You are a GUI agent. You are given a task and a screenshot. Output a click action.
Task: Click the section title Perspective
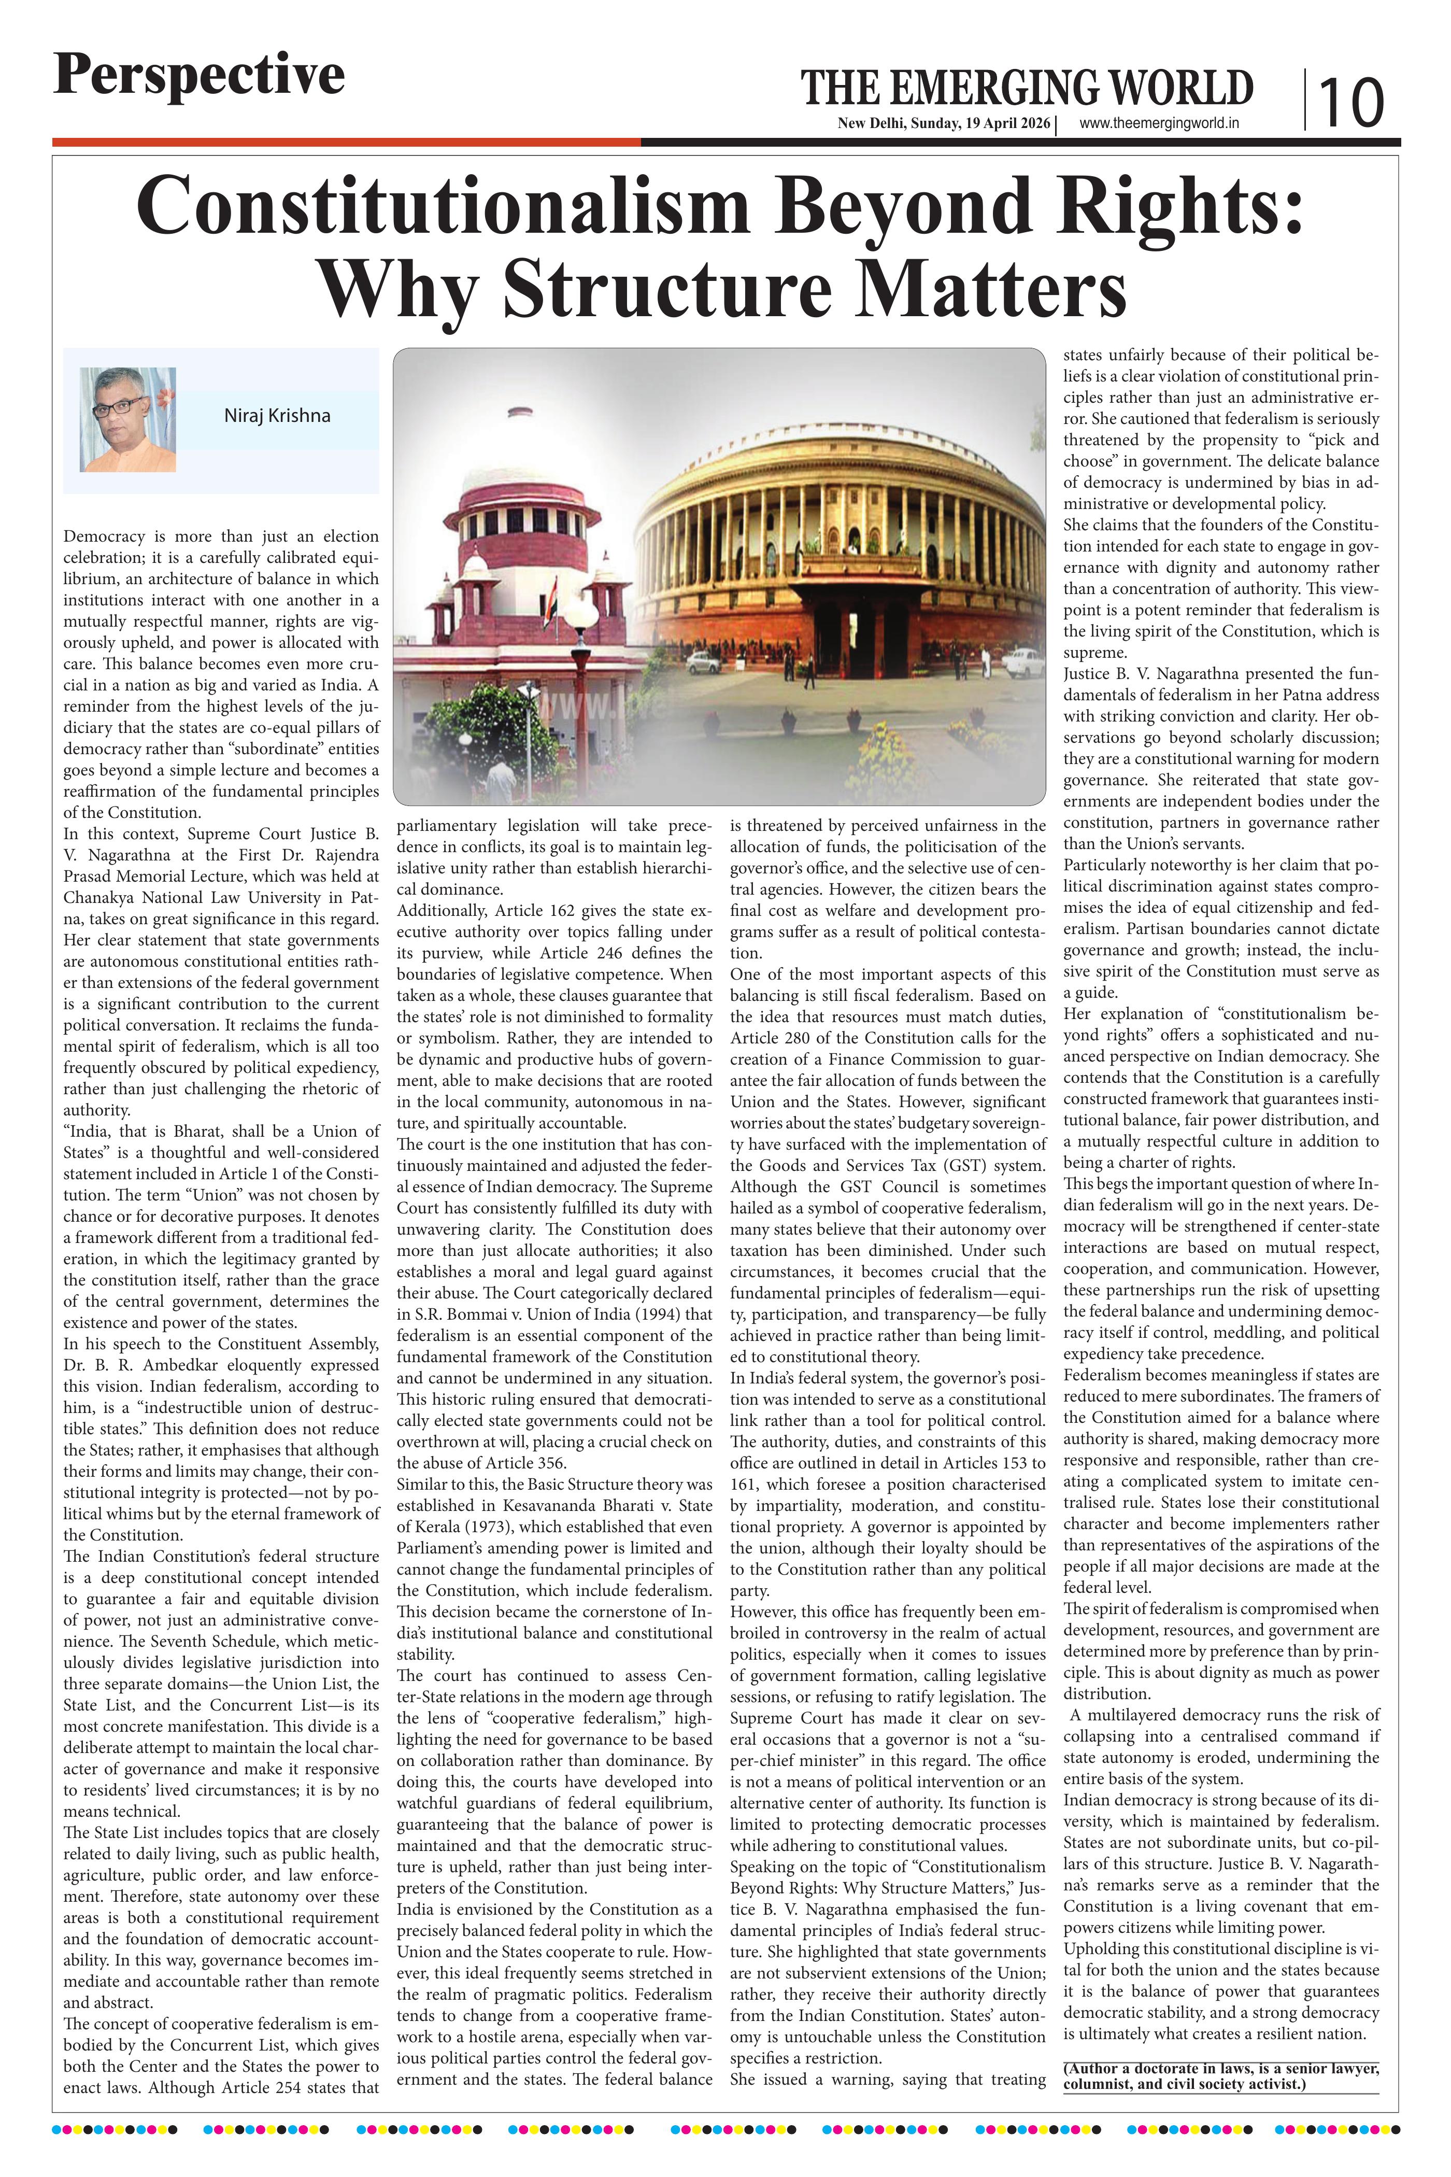tap(199, 76)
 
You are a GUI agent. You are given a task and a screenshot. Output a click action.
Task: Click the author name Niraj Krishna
tap(277, 416)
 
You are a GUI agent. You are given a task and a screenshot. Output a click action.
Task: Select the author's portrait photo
tap(127, 419)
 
